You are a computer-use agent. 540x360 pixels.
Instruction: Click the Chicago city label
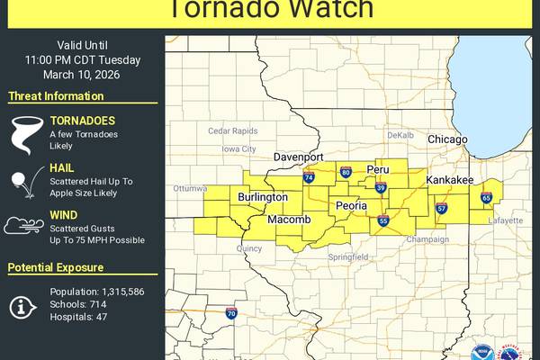(x=447, y=139)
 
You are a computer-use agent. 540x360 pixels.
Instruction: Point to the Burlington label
(x=263, y=196)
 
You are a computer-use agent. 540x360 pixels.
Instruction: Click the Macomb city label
(x=290, y=220)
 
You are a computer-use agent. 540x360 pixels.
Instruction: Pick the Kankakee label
(x=450, y=181)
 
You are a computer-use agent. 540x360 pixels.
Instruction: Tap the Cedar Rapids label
(x=232, y=130)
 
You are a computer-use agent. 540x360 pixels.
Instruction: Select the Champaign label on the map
(x=427, y=239)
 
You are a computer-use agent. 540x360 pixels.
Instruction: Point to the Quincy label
(x=249, y=247)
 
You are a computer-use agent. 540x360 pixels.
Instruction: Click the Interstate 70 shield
(x=230, y=314)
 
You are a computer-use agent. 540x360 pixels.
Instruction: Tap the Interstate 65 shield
(x=486, y=197)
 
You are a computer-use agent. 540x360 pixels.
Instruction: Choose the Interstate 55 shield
(x=383, y=221)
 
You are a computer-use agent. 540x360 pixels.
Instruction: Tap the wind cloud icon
(x=22, y=226)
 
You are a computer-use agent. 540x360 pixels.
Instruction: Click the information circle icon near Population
(x=22, y=306)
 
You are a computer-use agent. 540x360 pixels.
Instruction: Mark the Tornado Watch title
(x=271, y=9)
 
